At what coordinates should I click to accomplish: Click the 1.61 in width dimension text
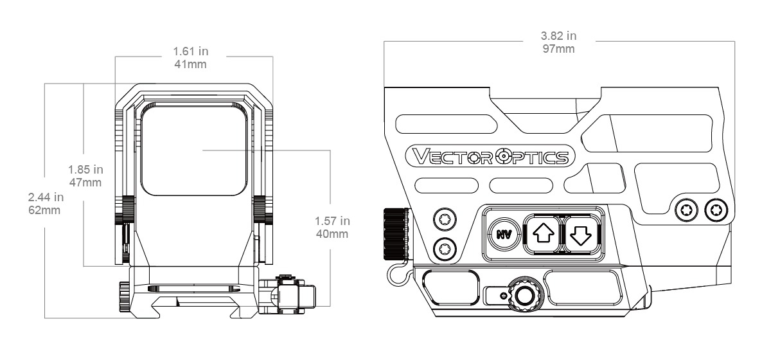pyautogui.click(x=193, y=51)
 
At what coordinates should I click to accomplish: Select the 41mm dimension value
pyautogui.click(x=193, y=64)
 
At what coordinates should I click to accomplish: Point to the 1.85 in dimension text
pyautogui.click(x=85, y=170)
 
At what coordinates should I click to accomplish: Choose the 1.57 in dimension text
pyautogui.click(x=332, y=221)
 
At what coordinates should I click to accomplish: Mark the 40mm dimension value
pyautogui.click(x=332, y=234)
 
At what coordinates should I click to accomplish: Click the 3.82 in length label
pyautogui.click(x=558, y=36)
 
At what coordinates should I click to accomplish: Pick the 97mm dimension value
pyautogui.click(x=558, y=49)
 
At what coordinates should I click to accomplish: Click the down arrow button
pyautogui.click(x=580, y=234)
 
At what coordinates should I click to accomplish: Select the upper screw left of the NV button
pyautogui.click(x=443, y=221)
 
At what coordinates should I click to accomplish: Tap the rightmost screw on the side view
pyautogui.click(x=716, y=208)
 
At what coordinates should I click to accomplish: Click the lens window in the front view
pyautogui.click(x=194, y=150)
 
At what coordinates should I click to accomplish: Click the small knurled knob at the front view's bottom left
pyautogui.click(x=124, y=294)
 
